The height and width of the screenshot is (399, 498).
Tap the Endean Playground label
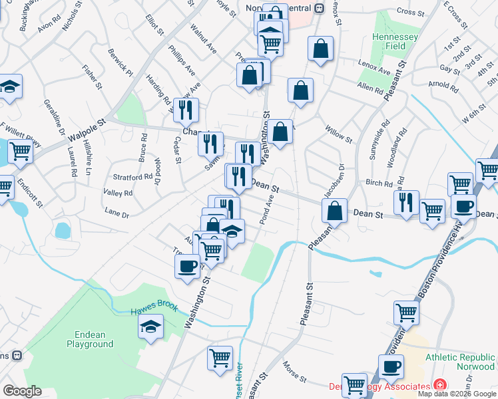pos(90,339)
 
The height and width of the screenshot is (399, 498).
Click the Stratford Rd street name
pos(133,178)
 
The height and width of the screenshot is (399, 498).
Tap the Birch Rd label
pos(379,183)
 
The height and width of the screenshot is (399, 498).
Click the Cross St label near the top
pos(410,12)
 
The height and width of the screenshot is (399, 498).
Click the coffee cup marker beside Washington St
pos(186,266)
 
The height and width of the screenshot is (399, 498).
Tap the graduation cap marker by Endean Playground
pos(151,327)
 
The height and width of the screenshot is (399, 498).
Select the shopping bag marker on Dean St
pos(335,210)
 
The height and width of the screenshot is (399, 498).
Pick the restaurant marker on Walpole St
pos(186,110)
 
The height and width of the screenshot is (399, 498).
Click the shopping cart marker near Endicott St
pos(20,152)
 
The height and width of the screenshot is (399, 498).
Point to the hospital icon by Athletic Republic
pos(439,384)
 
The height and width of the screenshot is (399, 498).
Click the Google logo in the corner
pos(21,391)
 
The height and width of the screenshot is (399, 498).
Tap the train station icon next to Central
pos(319,8)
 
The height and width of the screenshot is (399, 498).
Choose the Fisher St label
pos(91,76)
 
